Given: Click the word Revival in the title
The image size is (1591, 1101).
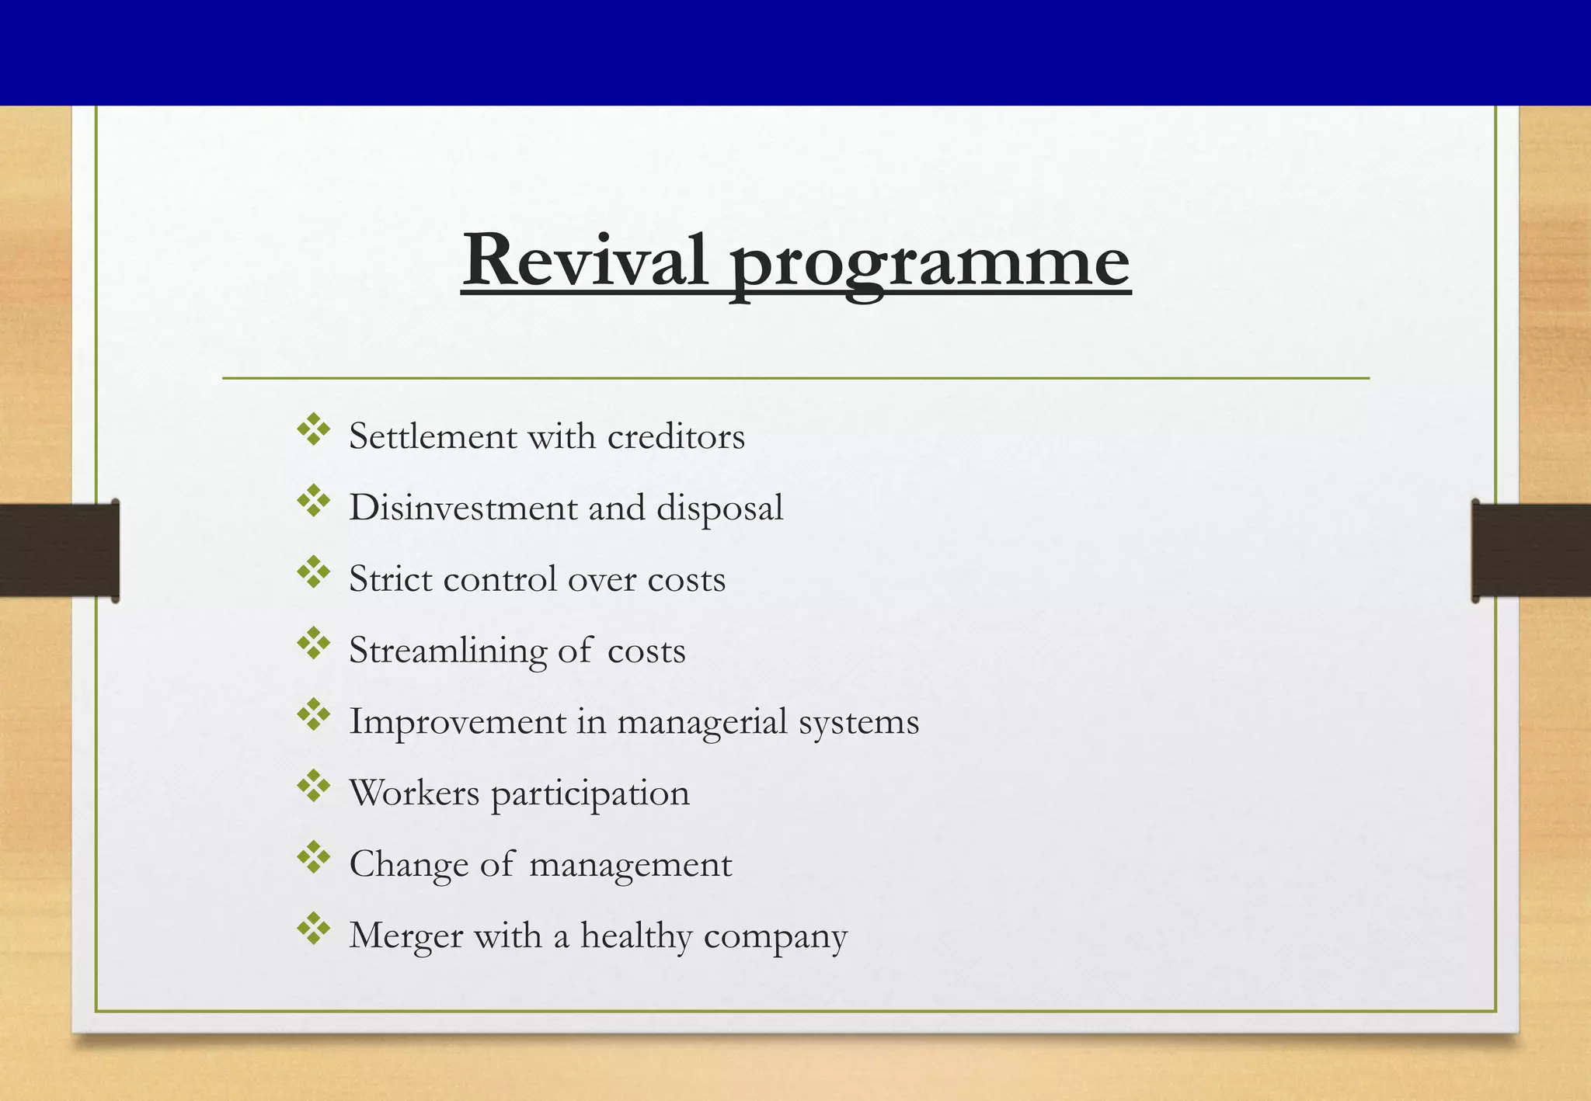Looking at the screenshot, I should click(x=584, y=260).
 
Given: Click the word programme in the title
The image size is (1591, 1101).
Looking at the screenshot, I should click(x=930, y=264).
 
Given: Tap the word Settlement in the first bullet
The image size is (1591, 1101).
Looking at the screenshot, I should click(x=433, y=436).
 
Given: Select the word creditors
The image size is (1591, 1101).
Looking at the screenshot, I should click(x=676, y=436).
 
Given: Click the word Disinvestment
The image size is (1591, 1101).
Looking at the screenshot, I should click(x=464, y=508).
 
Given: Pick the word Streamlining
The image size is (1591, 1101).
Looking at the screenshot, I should click(x=447, y=651).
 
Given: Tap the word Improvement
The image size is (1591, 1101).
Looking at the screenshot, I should click(x=458, y=722).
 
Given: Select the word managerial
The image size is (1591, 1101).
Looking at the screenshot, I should click(x=702, y=723).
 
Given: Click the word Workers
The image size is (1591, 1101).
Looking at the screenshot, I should click(x=414, y=793).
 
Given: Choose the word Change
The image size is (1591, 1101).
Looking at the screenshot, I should click(x=408, y=865).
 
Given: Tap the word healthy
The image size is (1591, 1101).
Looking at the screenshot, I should click(x=635, y=936).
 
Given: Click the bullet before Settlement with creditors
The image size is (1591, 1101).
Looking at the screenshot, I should click(x=314, y=430).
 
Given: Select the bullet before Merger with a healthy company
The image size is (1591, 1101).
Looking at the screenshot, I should click(x=314, y=929).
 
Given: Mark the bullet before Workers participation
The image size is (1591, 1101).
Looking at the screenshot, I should click(x=314, y=786).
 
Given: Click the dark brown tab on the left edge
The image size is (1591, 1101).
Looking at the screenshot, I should click(x=59, y=550).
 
